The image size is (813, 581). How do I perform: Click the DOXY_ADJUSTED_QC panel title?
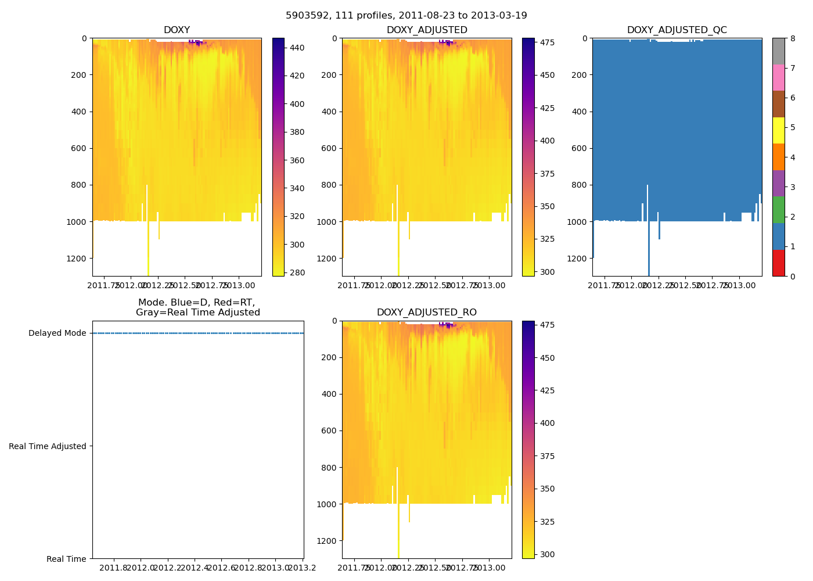tap(677, 30)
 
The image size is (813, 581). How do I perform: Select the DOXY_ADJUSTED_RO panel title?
tap(427, 313)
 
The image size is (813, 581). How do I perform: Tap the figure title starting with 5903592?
tap(406, 16)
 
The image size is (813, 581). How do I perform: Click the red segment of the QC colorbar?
tap(778, 263)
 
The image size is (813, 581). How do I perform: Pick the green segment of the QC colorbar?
tap(778, 210)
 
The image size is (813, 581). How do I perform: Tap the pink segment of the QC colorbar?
tap(778, 77)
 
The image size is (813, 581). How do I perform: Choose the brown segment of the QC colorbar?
tap(778, 104)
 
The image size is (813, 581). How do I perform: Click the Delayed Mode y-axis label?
tap(57, 333)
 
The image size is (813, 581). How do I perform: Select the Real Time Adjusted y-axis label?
tap(48, 446)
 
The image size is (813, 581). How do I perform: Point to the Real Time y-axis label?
tap(66, 559)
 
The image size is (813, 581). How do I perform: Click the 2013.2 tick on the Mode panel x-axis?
tap(302, 568)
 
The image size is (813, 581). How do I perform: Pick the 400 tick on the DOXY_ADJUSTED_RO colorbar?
tap(548, 423)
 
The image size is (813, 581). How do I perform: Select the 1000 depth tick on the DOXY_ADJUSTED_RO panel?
tap(327, 504)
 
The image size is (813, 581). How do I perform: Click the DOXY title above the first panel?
tap(177, 30)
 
